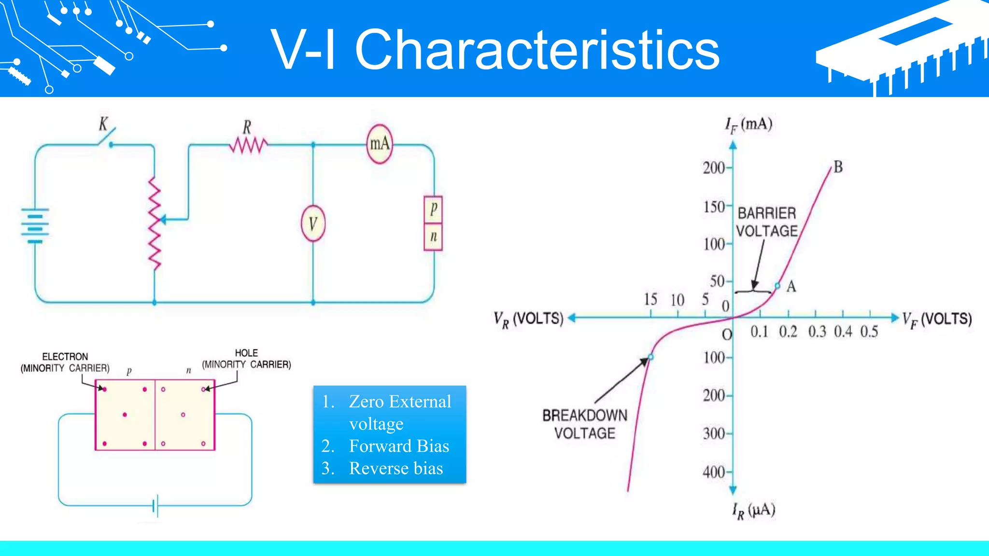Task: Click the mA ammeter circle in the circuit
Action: pos(380,144)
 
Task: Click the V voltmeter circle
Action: pos(313,224)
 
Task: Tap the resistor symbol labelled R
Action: pos(248,144)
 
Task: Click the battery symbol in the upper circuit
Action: pos(35,225)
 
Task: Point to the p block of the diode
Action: pos(433,209)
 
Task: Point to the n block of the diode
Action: pos(433,236)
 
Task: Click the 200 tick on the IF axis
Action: pos(714,168)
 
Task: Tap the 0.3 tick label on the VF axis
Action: pos(817,332)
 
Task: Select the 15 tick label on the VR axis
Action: pos(650,299)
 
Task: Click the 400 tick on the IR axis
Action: pos(714,472)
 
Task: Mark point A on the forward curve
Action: pos(777,286)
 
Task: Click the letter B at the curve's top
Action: pos(838,167)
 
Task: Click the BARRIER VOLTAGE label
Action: pos(767,222)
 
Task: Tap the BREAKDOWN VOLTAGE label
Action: pos(584,424)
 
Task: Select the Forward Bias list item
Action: pos(398,446)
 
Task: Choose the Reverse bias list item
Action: pos(396,468)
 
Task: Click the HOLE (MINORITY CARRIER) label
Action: pos(246,359)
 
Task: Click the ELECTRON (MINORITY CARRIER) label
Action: pos(65,362)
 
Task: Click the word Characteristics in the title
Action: pos(537,50)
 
